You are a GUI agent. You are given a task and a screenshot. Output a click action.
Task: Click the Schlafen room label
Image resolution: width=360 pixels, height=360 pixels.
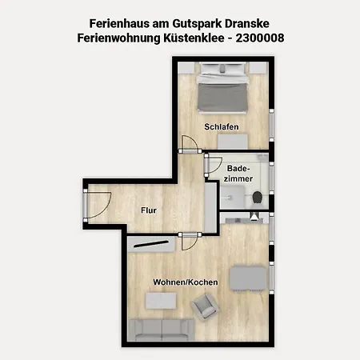click(222, 126)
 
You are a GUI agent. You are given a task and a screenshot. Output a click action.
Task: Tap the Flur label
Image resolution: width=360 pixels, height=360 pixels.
click(149, 210)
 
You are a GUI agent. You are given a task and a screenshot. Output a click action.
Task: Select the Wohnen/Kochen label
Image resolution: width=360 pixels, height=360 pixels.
click(186, 282)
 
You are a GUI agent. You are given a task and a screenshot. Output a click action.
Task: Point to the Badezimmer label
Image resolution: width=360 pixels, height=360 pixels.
click(238, 174)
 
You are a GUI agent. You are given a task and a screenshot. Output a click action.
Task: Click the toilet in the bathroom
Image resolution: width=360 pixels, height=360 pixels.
click(257, 198)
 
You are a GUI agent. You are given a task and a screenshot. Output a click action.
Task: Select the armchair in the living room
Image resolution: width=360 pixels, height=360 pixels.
click(205, 306)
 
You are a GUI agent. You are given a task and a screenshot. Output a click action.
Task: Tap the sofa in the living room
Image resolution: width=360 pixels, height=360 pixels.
click(161, 330)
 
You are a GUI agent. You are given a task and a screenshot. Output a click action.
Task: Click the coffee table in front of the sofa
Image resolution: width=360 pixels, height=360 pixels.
click(161, 301)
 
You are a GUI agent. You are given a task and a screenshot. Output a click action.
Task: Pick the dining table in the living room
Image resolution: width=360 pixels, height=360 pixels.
click(248, 278)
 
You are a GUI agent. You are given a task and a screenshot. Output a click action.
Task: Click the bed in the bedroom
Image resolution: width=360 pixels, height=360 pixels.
click(222, 88)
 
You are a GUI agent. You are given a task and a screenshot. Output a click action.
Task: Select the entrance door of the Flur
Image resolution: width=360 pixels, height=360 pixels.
click(97, 206)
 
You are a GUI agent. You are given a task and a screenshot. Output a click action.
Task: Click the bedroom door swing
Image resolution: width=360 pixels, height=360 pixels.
click(190, 144)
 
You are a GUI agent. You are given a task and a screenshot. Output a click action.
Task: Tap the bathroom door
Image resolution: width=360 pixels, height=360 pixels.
click(214, 166)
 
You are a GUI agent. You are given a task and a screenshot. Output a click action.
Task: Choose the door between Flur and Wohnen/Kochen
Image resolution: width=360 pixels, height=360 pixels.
click(190, 242)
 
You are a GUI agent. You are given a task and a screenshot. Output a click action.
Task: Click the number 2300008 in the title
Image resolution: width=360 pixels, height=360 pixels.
click(260, 38)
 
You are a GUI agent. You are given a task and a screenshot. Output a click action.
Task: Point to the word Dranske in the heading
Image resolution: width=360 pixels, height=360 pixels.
click(247, 23)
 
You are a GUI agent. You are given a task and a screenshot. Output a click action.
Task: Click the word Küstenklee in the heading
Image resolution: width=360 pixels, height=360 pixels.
click(194, 38)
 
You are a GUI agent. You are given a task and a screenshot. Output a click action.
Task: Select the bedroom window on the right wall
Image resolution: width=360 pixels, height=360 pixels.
click(271, 125)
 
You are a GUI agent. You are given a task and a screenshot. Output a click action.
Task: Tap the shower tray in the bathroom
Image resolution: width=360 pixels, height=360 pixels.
click(232, 197)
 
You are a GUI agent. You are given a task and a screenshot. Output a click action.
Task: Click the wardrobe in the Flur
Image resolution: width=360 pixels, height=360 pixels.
click(210, 207)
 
